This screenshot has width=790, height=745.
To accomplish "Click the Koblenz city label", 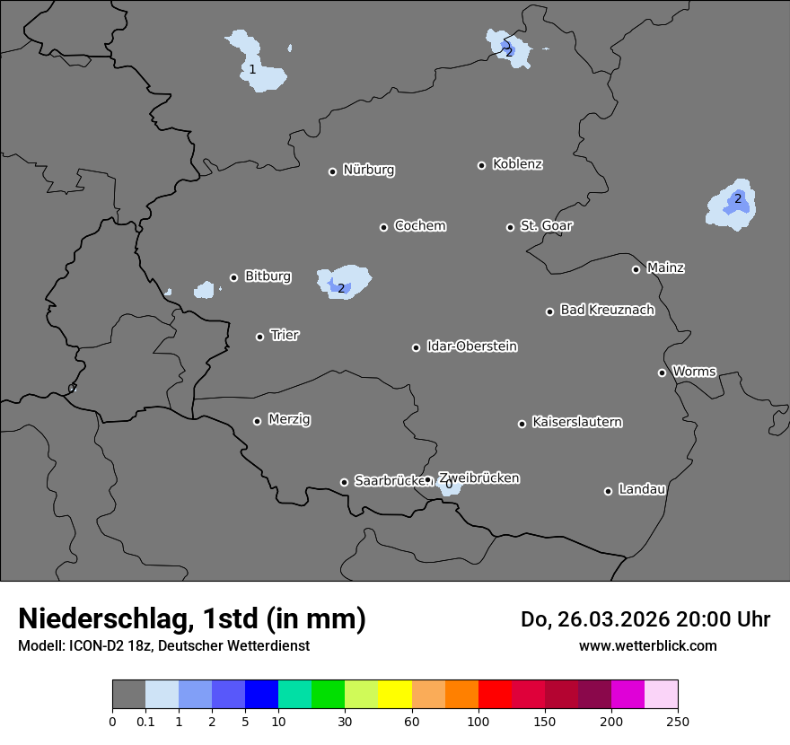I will [517, 164].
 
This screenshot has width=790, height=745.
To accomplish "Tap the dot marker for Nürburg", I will [332, 171].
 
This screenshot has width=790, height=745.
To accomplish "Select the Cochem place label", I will [420, 225].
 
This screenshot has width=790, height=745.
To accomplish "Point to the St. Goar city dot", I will [510, 227].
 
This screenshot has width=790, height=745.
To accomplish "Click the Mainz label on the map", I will [665, 267].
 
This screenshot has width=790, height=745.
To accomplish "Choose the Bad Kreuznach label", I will [607, 310].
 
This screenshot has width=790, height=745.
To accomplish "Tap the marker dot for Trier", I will [260, 337].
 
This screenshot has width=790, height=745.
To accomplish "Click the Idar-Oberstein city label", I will [471, 346].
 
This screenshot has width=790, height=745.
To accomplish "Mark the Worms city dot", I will [662, 372].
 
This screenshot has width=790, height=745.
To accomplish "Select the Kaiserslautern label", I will [576, 422].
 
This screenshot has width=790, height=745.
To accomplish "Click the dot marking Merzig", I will [257, 421].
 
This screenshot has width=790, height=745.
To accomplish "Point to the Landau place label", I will [642, 489].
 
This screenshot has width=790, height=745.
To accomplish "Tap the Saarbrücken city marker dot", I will [344, 482].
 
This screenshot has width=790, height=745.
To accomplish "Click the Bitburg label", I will [268, 276].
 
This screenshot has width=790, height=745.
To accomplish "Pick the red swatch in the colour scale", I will [495, 695].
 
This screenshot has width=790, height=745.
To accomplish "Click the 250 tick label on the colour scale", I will [678, 722].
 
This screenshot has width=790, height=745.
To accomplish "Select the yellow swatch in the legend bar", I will [395, 695].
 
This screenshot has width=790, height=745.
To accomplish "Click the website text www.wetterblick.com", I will [647, 645].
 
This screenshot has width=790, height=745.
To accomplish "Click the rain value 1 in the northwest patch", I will [252, 69].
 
